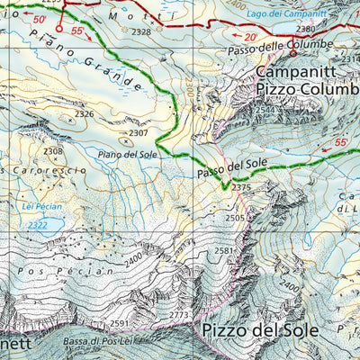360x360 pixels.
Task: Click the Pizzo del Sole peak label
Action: click(260, 329)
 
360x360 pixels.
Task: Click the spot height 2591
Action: click(121, 322)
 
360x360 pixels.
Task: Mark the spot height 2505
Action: click(235, 218)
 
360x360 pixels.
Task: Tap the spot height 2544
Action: click(265, 111)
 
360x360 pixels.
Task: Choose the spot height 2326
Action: click(85, 114)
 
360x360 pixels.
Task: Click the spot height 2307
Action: click(138, 133)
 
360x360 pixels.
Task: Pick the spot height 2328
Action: click(141, 31)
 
